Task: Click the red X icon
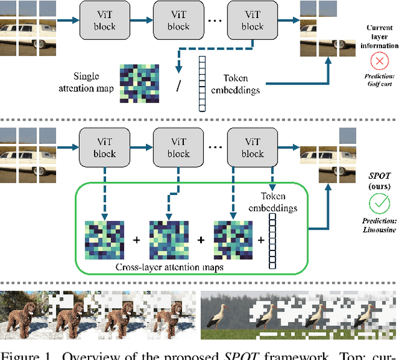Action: coord(379,61)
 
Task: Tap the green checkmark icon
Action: coord(379,203)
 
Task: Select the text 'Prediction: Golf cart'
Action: coord(379,80)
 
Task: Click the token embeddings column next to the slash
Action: coord(201,83)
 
